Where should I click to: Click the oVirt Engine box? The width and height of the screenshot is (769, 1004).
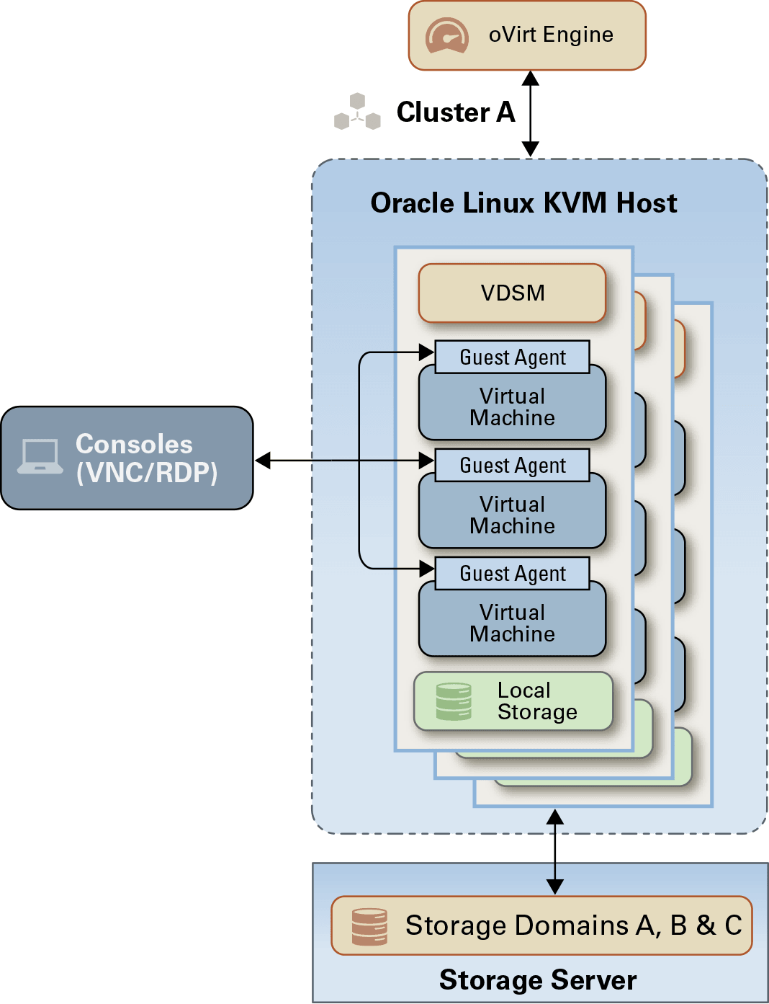coord(527,35)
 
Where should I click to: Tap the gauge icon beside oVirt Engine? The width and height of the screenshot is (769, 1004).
coord(446,35)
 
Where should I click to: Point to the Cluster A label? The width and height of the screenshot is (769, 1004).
coord(456,112)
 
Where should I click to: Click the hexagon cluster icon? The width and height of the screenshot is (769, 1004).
coord(357,112)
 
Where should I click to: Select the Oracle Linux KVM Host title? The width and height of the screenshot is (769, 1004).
coord(523,203)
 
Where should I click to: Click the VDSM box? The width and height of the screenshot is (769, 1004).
coord(512,293)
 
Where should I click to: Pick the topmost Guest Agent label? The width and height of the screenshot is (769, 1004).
coord(513,357)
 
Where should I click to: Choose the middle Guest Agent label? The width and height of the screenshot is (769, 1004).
coord(513,466)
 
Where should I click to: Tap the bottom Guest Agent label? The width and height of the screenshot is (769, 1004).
coord(513,574)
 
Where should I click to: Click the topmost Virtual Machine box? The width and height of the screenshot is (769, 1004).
coord(512,407)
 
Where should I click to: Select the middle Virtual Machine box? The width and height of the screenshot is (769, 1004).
coord(512,515)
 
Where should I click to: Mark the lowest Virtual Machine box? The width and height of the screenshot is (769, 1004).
coord(512,623)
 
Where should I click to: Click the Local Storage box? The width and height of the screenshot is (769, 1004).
coord(513,701)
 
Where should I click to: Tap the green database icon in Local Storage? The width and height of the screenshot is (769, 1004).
coord(454,702)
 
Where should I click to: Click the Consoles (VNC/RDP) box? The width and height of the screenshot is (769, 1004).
coord(127,458)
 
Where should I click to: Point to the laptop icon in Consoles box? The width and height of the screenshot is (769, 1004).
coord(40,457)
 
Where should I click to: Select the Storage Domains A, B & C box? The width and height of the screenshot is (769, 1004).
coord(541,925)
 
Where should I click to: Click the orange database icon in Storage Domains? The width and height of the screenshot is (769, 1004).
coord(369,926)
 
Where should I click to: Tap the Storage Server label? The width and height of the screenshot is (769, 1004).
coord(538,980)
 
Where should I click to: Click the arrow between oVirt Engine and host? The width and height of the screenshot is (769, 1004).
coord(531,114)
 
